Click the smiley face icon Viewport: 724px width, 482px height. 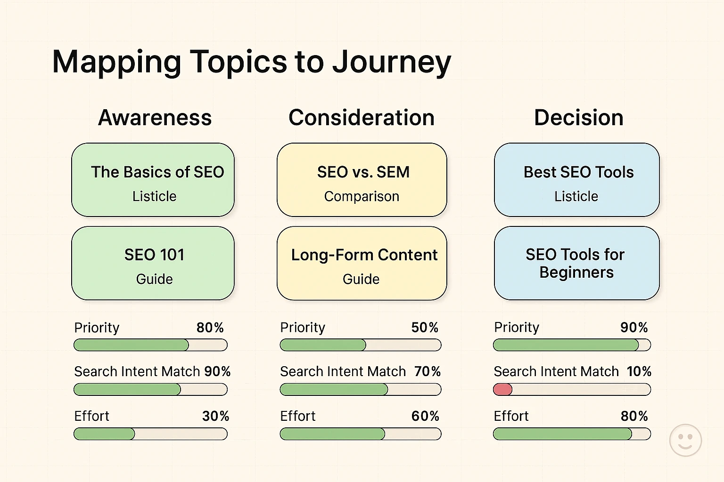pyautogui.click(x=685, y=440)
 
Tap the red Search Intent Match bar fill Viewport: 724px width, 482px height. pyautogui.click(x=502, y=389)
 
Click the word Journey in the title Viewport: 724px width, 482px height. pyautogui.click(x=391, y=63)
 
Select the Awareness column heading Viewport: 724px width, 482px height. pyautogui.click(x=155, y=118)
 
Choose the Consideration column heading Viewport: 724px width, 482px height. pyautogui.click(x=361, y=118)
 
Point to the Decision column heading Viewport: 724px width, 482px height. pyautogui.click(x=578, y=118)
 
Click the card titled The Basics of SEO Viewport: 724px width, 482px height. pyautogui.click(x=153, y=180)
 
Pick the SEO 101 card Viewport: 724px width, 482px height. pyautogui.click(x=153, y=263)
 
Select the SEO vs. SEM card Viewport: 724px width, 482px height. pyautogui.click(x=362, y=180)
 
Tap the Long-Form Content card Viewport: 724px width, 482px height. pyautogui.click(x=362, y=263)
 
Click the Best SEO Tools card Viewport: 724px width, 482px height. pyautogui.click(x=576, y=180)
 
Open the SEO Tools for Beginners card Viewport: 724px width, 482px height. pyautogui.click(x=576, y=263)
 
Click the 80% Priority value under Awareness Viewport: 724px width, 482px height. pyautogui.click(x=210, y=328)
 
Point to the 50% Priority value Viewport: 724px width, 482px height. pyautogui.click(x=425, y=328)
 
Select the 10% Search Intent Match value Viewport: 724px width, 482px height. pyautogui.click(x=639, y=371)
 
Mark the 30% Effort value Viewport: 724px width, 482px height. pyautogui.click(x=215, y=416)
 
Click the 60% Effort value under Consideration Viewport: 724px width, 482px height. pyautogui.click(x=425, y=416)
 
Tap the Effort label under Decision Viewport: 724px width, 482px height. pyautogui.click(x=511, y=416)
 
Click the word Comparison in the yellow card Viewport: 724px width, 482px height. pyautogui.click(x=362, y=196)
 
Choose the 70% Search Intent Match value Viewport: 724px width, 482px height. pyautogui.click(x=427, y=371)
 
